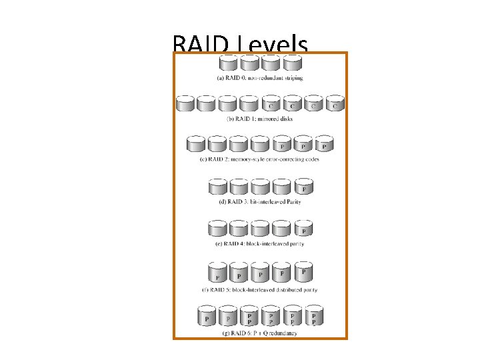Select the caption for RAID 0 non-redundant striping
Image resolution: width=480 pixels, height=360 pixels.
[260, 78]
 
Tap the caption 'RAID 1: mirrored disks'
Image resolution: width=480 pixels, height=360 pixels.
[260, 119]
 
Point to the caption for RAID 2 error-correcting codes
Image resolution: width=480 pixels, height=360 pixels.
[260, 160]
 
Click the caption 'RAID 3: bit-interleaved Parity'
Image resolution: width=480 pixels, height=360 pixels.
[260, 201]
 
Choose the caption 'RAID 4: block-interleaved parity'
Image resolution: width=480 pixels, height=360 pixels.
[260, 244]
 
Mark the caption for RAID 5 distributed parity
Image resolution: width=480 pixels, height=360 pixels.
[260, 290]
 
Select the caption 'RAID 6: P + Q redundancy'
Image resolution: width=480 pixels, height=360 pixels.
[260, 333]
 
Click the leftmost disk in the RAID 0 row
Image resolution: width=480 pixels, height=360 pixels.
[228, 63]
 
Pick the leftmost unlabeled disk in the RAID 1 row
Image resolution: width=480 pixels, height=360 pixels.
[185, 103]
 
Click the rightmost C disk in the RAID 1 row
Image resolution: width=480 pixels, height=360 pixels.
[335, 103]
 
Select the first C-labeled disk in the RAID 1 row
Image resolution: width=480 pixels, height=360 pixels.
[271, 103]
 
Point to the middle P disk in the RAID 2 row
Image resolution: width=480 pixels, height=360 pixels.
[303, 144]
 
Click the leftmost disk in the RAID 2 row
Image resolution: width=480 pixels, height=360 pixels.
[196, 144]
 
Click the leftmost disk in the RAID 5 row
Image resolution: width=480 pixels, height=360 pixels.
[217, 273]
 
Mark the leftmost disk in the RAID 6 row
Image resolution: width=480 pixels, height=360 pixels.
[207, 317]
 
